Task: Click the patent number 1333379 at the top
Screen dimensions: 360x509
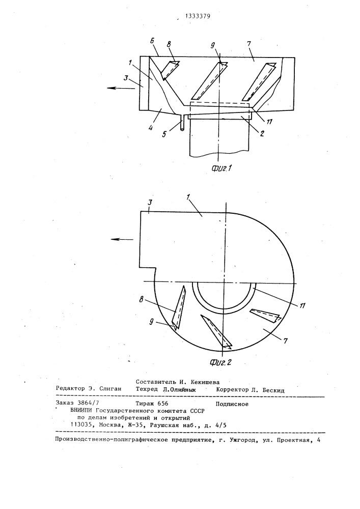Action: (x=198, y=16)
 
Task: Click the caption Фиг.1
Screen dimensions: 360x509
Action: (x=221, y=168)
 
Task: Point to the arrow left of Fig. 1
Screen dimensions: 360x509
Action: (x=120, y=88)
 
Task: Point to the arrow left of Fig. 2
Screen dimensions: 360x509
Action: (x=122, y=239)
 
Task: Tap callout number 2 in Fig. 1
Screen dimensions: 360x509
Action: (x=262, y=133)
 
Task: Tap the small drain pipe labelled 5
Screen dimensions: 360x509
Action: (x=182, y=123)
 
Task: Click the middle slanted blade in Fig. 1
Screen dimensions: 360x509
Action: (x=210, y=80)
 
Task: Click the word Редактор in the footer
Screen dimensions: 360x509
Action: (x=68, y=389)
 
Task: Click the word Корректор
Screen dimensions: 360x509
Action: (x=232, y=390)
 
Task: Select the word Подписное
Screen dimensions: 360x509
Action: (x=232, y=404)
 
